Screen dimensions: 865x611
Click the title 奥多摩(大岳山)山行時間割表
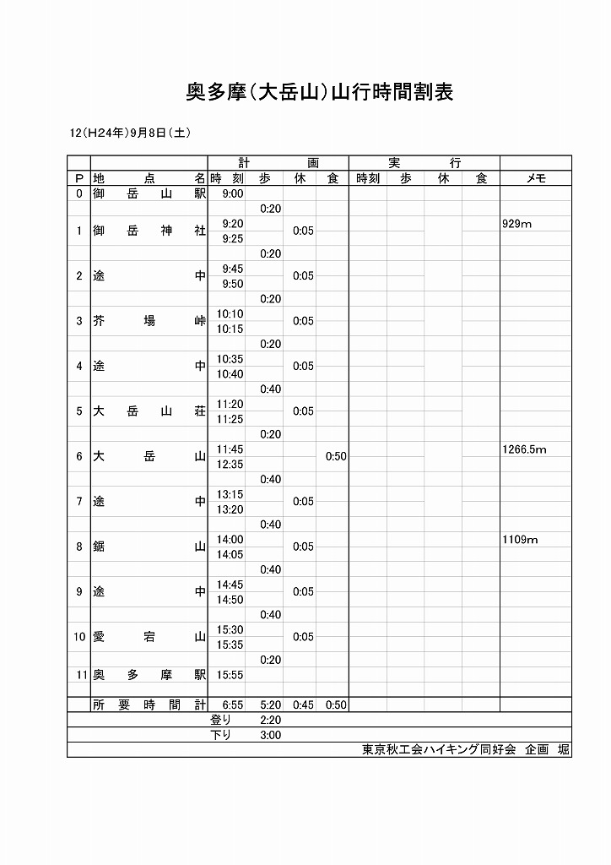point(319,92)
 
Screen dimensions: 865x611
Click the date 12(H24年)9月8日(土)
point(131,133)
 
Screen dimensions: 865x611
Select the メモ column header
point(536,178)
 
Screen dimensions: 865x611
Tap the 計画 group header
point(278,163)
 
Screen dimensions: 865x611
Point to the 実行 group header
point(424,163)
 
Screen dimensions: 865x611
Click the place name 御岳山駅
point(149,193)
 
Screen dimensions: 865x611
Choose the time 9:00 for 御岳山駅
point(232,193)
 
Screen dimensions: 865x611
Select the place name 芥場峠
point(149,321)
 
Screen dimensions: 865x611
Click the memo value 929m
point(517,224)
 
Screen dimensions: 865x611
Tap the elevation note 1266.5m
point(524,449)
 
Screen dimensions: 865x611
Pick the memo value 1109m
point(520,540)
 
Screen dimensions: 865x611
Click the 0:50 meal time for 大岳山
point(336,456)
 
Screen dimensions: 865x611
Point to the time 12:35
point(230,465)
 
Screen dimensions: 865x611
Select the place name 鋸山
point(149,547)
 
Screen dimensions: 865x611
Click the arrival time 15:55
point(230,675)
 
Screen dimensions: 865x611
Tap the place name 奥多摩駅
point(149,675)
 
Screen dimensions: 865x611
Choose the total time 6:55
point(232,705)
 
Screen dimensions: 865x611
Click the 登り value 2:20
point(271,720)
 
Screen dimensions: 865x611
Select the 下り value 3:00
point(271,735)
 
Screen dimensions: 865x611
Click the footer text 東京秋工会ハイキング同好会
point(439,749)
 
